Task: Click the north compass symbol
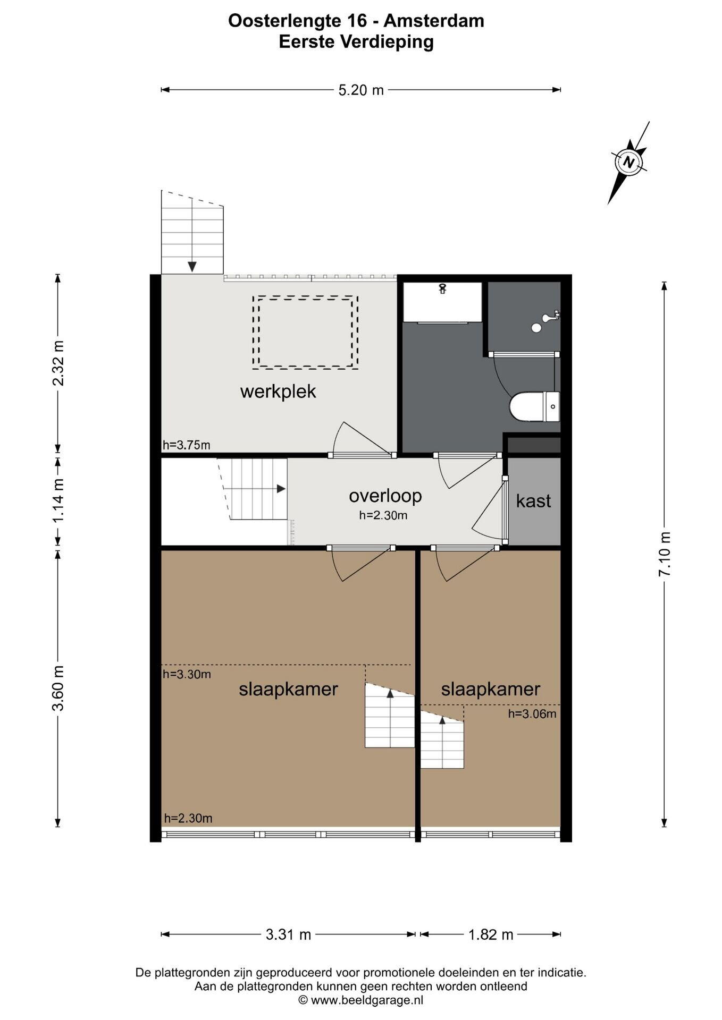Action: point(629,162)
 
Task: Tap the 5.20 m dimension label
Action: point(361,90)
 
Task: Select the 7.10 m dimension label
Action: point(665,554)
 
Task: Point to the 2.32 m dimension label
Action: point(58,363)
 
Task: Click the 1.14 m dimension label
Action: point(58,500)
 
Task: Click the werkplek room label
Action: point(278,392)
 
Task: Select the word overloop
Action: point(385,495)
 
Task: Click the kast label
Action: point(533,500)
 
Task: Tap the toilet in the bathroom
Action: point(534,407)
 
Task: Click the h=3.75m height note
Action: point(186,445)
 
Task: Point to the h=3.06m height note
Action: point(532,713)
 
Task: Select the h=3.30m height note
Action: point(187,674)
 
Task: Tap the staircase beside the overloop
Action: point(253,489)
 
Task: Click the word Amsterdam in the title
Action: point(434,21)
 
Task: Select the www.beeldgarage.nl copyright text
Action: point(361,1000)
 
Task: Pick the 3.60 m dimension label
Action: point(58,688)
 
